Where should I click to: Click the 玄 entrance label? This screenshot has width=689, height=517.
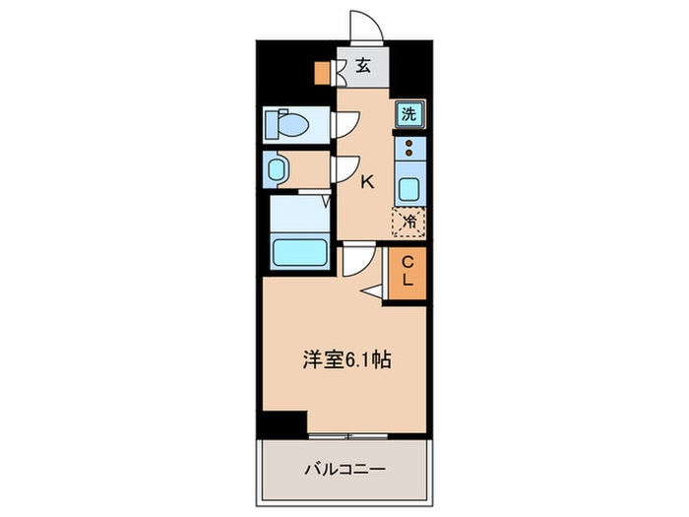pos(363,67)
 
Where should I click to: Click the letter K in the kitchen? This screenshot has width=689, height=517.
pos(366,180)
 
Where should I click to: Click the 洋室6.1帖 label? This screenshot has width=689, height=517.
pos(345,360)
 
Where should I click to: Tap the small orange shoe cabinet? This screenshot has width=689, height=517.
pos(321,73)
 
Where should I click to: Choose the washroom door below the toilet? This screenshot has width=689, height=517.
pos(345,169)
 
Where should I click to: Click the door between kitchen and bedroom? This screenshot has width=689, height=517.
pos(356,261)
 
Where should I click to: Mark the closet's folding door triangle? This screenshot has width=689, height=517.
pos(374,291)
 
